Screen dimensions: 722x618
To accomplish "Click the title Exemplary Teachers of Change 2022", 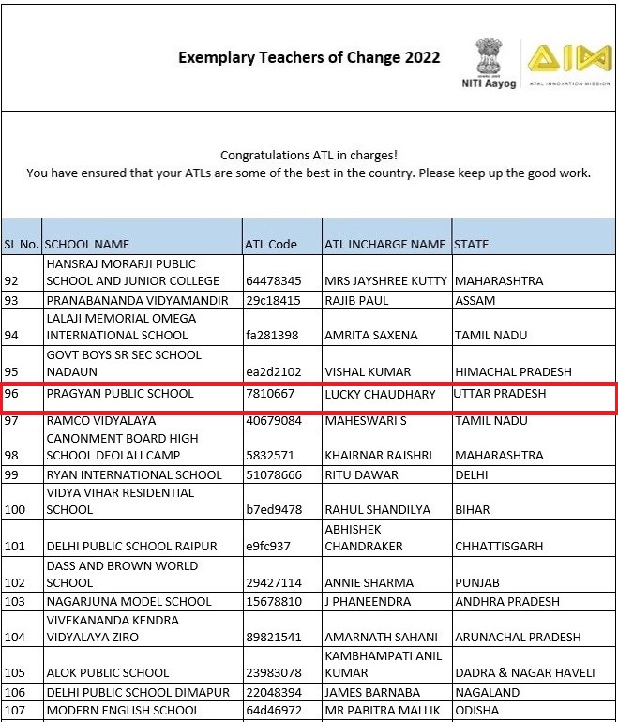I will pos(309,58).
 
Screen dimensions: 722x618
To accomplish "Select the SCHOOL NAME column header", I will pos(88,245).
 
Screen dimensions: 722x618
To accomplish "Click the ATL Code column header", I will pos(270,245).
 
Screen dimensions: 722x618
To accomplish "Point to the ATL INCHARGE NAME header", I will pos(384,245).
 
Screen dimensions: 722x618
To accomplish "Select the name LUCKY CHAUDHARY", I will pos(380,395).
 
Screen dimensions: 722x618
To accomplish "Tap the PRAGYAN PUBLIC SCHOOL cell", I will pos(120,395).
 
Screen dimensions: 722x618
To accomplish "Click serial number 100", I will pos(17,510).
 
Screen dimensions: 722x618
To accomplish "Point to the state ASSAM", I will pos(476,301).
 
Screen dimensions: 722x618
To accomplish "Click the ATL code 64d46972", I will pos(273,710).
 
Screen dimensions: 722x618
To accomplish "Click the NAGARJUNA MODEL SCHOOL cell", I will pos(129,601).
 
